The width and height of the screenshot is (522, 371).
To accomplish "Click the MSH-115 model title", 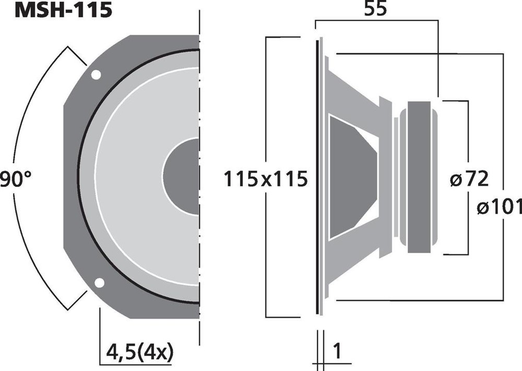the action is pyautogui.click(x=64, y=10).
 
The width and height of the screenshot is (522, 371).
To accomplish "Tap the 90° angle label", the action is pyautogui.click(x=15, y=179).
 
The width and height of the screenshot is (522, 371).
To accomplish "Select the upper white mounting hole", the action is pyautogui.click(x=96, y=75).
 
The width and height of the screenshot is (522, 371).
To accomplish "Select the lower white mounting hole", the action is pyautogui.click(x=99, y=282).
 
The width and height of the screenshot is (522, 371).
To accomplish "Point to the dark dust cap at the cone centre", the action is pyautogui.click(x=181, y=176).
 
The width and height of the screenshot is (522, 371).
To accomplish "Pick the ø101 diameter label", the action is pyautogui.click(x=500, y=207).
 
